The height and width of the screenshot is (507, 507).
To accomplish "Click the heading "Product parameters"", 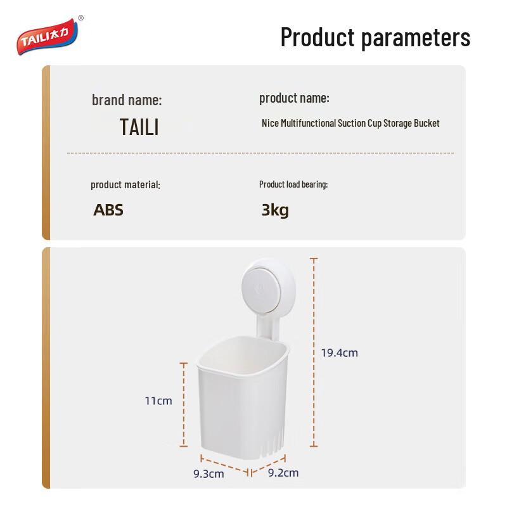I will tap(375, 37).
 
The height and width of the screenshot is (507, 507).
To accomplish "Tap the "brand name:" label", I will tap(127, 100).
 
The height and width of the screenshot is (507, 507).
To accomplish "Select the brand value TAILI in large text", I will tap(139, 127).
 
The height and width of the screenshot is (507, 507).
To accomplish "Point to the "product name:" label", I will tap(294, 98).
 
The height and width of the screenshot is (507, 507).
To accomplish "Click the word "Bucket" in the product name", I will tap(427, 123).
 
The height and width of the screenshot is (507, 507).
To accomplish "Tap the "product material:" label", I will tap(125, 185).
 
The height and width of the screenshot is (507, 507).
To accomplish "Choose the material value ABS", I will tap(108, 210).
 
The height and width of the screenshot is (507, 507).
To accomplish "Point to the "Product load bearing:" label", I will tap(293, 184).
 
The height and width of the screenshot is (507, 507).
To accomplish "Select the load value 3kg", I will tap(275, 210).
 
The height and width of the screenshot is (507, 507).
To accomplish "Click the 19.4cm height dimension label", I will tap(339, 353).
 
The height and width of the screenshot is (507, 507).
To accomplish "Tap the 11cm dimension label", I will tap(158, 401).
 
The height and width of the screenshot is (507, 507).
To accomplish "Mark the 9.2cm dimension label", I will tap(283, 473).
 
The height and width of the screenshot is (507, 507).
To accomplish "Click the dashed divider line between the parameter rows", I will tap(260, 153).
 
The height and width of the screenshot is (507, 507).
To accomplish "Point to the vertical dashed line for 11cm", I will tap(184, 406).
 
